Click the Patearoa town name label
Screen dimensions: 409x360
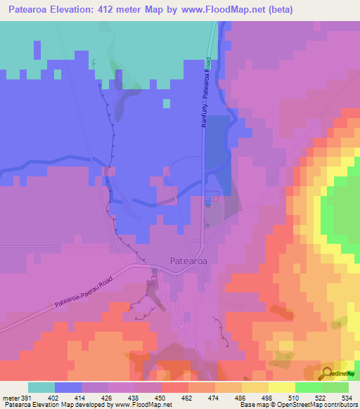(x=188, y=261)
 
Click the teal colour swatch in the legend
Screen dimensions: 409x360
(x=41, y=387)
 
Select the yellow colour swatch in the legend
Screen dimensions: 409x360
(x=281, y=387)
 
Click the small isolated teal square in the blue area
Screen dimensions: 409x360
(x=167, y=104)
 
